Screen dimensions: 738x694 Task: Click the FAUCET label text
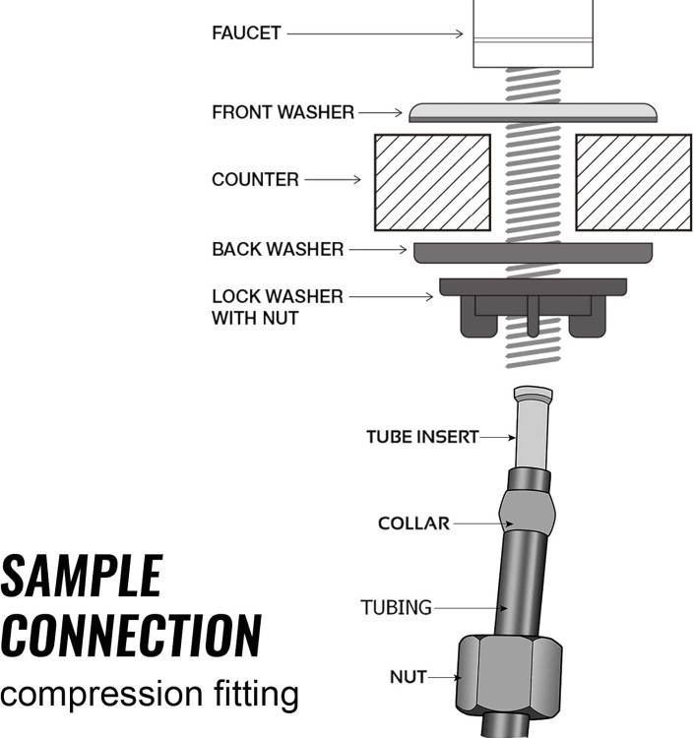[246, 32]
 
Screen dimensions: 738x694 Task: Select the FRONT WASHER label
[283, 112]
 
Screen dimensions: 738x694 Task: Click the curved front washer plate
[533, 111]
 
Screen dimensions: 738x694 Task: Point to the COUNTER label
[255, 180]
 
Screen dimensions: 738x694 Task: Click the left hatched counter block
[432, 182]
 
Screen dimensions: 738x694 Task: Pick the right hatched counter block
[633, 182]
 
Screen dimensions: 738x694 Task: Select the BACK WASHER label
[278, 250]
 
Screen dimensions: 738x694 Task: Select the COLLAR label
[413, 523]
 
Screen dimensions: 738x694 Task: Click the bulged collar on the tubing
[527, 511]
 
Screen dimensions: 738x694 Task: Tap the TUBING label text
[396, 608]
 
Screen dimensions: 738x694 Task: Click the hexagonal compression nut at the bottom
[509, 679]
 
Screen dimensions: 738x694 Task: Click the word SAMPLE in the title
[81, 577]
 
